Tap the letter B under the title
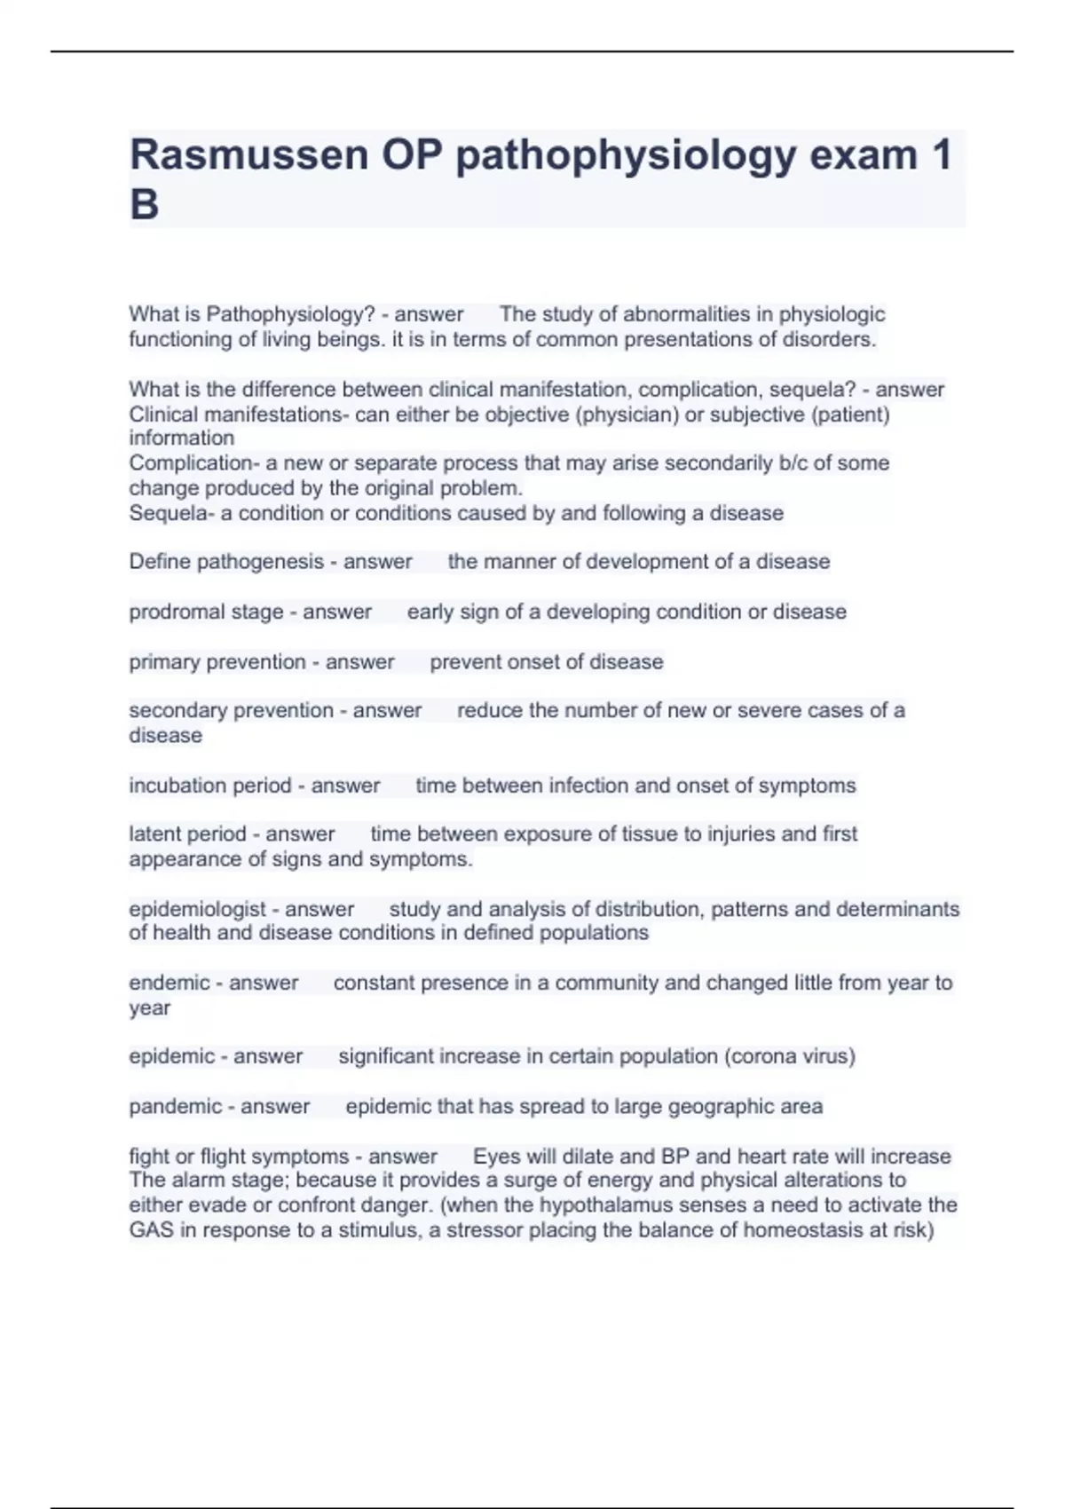pyautogui.click(x=145, y=205)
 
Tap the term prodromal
pyautogui.click(x=164, y=612)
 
